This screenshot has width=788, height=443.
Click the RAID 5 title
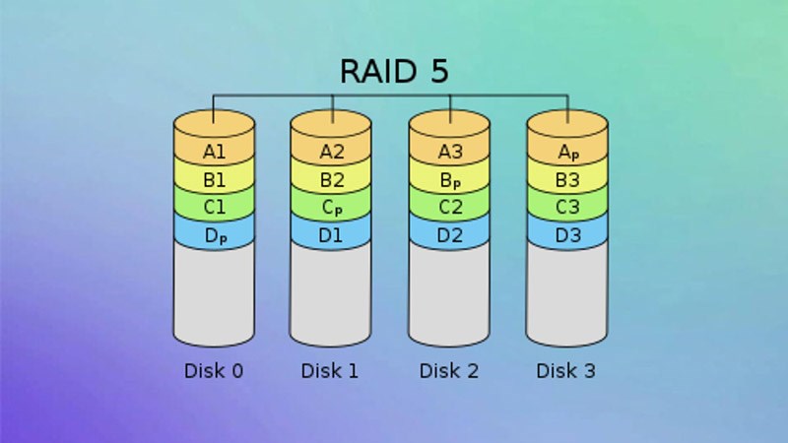[394, 72]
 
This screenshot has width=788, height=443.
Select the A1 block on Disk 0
[214, 152]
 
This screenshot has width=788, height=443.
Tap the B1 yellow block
[214, 180]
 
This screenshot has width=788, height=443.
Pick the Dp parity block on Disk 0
[214, 236]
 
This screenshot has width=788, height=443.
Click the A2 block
[332, 152]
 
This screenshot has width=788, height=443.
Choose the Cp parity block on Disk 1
[332, 208]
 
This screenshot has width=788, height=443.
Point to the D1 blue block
[332, 236]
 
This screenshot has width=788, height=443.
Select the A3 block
[449, 152]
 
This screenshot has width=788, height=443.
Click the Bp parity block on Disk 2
[449, 180]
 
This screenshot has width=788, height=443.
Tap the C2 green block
[449, 208]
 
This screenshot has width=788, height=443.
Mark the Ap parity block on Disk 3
[567, 152]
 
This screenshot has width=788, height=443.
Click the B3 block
[567, 180]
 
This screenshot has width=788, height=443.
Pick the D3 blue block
[567, 236]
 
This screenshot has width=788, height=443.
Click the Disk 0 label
[214, 371]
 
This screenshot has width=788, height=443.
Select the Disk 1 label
[331, 371]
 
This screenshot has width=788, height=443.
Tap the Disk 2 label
[449, 371]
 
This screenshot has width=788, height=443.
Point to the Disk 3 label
[566, 371]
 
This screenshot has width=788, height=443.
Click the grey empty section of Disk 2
[449, 295]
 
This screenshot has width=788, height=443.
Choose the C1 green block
[214, 208]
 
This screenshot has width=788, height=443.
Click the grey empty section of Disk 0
[214, 295]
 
